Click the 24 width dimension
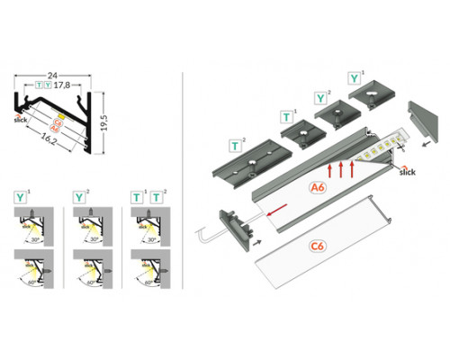(56, 76)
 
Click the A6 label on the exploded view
(316, 188)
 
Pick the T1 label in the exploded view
(287, 116)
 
